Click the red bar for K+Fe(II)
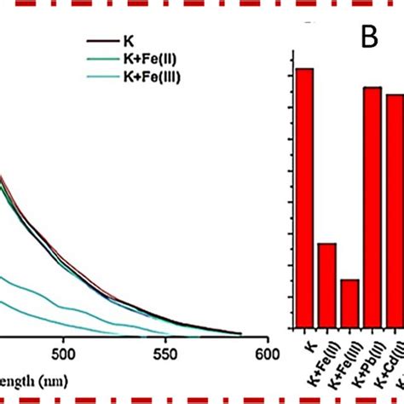click(326, 286)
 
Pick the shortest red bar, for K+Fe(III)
click(349, 303)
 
